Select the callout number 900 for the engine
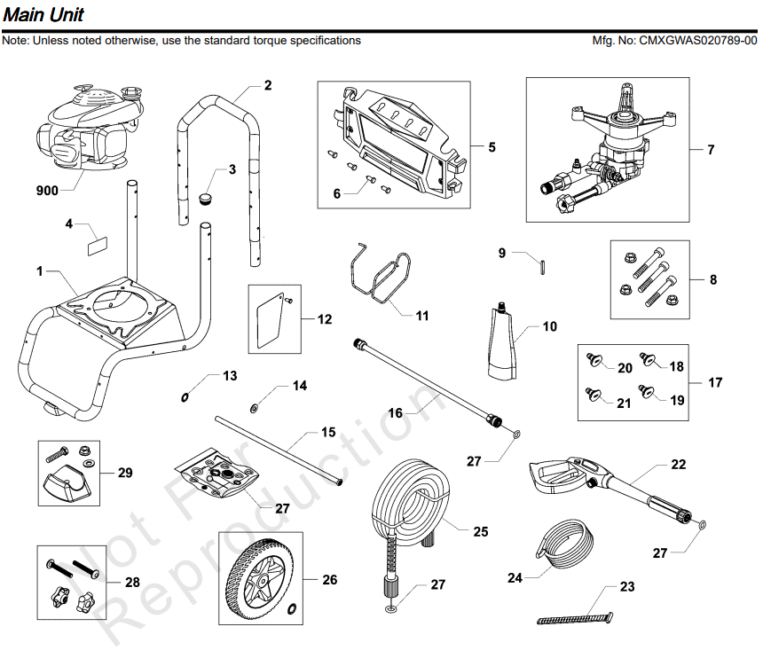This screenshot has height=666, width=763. (x=47, y=191)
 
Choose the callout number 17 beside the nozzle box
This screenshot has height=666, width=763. (x=715, y=383)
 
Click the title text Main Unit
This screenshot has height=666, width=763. (x=43, y=15)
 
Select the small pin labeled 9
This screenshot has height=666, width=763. (x=542, y=264)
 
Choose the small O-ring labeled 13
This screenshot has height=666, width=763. (x=185, y=397)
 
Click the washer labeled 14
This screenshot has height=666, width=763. (x=256, y=407)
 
